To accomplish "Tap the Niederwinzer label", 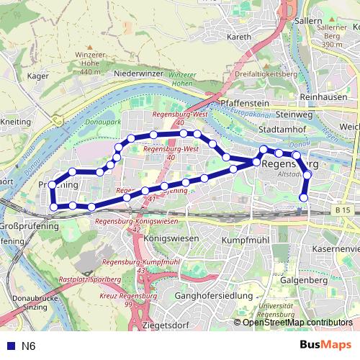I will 139,73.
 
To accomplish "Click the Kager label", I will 37,74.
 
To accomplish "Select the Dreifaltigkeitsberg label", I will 266,73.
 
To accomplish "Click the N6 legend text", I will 29,346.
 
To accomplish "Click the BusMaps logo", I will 330,345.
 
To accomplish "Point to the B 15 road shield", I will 344,210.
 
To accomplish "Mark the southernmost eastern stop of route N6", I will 304,197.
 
